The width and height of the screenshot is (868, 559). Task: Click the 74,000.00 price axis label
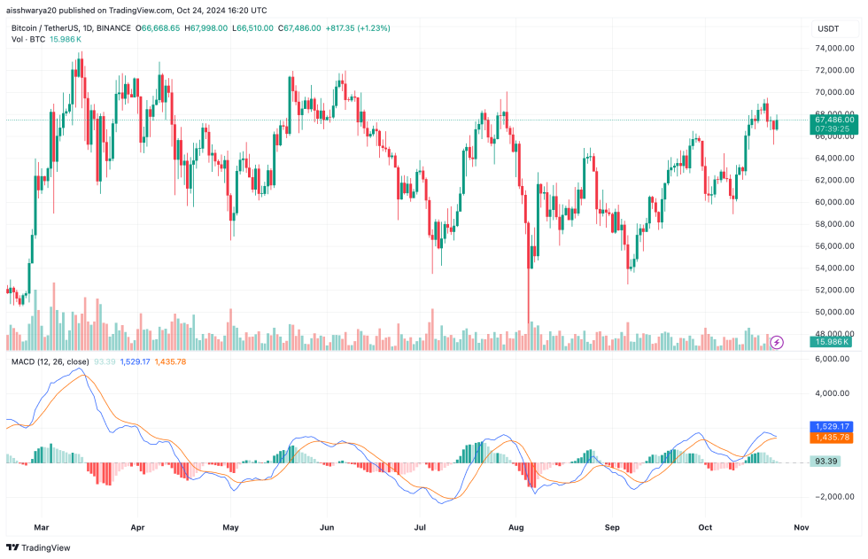835,70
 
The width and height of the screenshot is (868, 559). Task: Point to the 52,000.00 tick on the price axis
835,290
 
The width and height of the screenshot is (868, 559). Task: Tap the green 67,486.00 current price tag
833,120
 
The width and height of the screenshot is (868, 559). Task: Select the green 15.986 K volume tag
832,341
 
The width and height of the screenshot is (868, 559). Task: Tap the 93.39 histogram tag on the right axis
827,461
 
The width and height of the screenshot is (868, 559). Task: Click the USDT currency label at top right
828,29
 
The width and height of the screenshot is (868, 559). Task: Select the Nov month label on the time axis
802,525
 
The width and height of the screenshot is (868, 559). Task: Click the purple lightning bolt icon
777,341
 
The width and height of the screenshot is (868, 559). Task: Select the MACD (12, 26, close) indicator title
50,361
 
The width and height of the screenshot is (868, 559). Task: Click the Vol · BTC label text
28,40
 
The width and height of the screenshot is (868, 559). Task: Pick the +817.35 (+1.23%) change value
358,28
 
